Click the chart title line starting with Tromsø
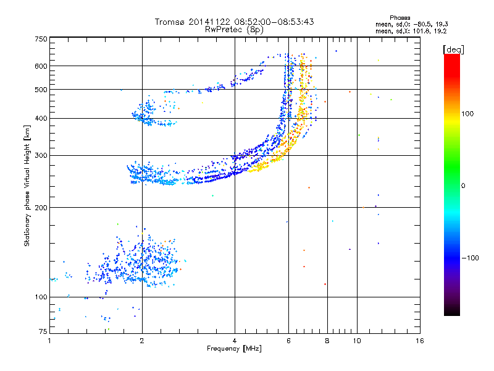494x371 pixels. (x=234, y=22)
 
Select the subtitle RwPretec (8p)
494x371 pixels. (x=234, y=29)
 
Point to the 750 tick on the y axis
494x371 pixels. (x=41, y=39)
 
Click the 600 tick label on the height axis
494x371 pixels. (x=41, y=66)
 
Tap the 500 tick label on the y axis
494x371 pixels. (x=41, y=89)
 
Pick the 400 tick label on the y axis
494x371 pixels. (x=41, y=118)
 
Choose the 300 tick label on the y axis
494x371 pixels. (x=41, y=155)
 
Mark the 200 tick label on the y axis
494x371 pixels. (x=41, y=207)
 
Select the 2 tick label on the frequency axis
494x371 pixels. (x=142, y=341)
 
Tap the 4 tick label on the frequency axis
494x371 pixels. (x=235, y=341)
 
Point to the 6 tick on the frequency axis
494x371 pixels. (x=288, y=341)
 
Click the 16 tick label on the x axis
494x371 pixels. (x=419, y=341)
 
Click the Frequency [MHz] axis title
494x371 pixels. (x=234, y=349)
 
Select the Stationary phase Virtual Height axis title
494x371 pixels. (x=27, y=186)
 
